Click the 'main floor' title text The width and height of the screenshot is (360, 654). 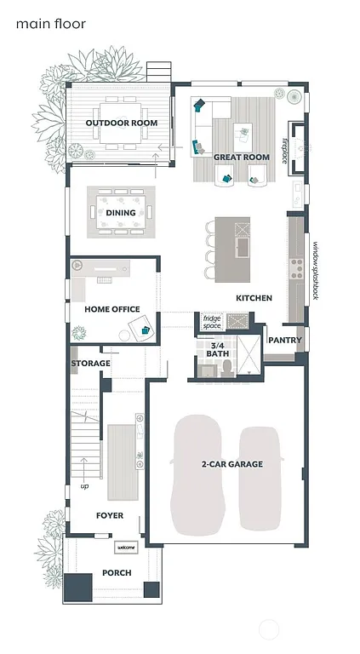pos(51,24)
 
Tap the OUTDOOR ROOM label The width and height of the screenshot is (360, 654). pos(122,123)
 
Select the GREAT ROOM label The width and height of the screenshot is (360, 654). pos(236,158)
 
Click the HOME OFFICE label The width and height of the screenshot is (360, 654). pos(111,309)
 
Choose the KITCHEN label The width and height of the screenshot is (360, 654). pos(254,298)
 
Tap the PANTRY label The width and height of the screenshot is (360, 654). pos(283,340)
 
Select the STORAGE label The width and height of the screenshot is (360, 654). pos(90,364)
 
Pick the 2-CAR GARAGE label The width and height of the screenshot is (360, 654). pos(231,464)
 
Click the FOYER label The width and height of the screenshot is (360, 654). pos(109,515)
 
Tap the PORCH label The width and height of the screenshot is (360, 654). pos(117,573)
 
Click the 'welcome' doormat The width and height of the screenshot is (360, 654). pos(126,547)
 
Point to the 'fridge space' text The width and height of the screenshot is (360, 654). pos(211,322)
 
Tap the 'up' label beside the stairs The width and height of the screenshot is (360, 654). pos(83,486)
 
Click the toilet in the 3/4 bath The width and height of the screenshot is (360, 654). pos(227,367)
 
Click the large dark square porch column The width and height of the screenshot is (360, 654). pos(79,587)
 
